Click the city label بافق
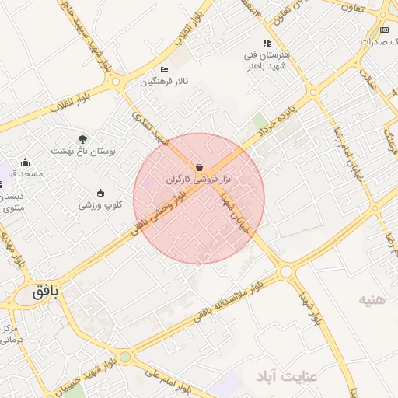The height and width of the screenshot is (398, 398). [x=46, y=293]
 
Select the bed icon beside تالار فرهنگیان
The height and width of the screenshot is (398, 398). [x=164, y=70]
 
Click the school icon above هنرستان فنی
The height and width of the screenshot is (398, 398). [x=267, y=44]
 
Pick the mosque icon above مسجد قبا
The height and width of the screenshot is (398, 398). [x=26, y=162]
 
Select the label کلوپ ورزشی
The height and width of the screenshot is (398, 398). [x=100, y=205]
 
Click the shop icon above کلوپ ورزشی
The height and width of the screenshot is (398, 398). [x=100, y=193]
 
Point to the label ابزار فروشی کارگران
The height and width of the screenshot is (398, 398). [x=200, y=179]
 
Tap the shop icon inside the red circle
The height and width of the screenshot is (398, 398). [x=200, y=167]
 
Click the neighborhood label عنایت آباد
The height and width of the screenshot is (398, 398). [x=288, y=377]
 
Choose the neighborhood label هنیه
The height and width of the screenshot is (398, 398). [x=372, y=298]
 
